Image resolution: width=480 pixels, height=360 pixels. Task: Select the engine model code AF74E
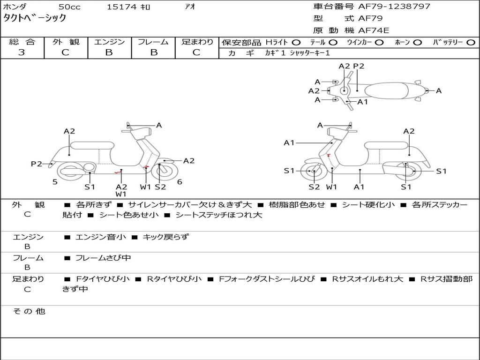374,30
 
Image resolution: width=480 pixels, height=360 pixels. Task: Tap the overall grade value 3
22,52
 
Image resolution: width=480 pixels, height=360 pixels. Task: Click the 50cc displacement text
69,7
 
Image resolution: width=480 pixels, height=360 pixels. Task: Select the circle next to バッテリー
471,43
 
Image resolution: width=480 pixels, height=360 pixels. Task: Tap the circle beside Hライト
296,43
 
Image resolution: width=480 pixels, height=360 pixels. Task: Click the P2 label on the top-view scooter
359,66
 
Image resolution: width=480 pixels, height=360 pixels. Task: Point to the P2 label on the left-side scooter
37,164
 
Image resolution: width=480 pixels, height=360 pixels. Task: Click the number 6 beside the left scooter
180,182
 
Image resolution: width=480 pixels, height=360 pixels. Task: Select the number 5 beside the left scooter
55,182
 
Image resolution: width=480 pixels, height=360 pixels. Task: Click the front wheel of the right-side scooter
311,171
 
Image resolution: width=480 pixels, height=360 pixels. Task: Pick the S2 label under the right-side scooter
314,187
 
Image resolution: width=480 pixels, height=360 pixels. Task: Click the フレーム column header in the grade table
153,42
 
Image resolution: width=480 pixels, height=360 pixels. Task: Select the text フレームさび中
103,258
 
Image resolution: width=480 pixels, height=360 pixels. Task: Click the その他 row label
29,311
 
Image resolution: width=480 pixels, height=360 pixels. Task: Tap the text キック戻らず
165,237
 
